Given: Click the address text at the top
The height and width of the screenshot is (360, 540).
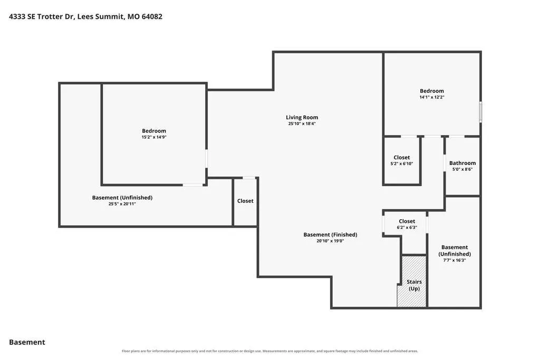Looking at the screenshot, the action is pyautogui.click(x=85, y=16).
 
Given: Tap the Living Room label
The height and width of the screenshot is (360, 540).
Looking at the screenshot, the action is pyautogui.click(x=302, y=118).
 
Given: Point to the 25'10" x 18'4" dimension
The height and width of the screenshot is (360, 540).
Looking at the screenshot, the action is pyautogui.click(x=302, y=123).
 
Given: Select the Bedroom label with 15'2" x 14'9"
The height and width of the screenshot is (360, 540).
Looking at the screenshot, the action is pyautogui.click(x=154, y=131).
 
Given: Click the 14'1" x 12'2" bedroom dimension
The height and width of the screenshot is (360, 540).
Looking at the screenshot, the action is pyautogui.click(x=432, y=97).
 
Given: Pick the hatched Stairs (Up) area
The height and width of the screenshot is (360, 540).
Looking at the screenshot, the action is pyautogui.click(x=412, y=281).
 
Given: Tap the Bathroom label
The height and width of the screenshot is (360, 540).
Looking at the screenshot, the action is pyautogui.click(x=462, y=163).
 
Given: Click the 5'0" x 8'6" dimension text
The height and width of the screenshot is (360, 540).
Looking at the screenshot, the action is pyautogui.click(x=462, y=169).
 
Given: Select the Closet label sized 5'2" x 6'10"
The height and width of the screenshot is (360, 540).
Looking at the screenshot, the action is pyautogui.click(x=401, y=158).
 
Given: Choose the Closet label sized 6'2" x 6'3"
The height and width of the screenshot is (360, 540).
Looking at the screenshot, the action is pyautogui.click(x=407, y=221).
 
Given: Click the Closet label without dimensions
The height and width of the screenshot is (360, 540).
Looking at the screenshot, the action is pyautogui.click(x=245, y=201).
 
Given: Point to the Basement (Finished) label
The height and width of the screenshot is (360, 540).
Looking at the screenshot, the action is pyautogui.click(x=330, y=235).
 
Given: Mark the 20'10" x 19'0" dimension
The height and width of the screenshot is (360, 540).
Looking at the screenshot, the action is pyautogui.click(x=330, y=241).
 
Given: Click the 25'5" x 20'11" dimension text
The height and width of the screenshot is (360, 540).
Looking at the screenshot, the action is pyautogui.click(x=122, y=204).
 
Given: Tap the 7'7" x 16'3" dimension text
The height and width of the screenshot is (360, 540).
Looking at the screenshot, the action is pyautogui.click(x=455, y=260).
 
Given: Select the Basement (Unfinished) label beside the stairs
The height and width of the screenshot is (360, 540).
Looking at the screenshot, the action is pyautogui.click(x=455, y=250).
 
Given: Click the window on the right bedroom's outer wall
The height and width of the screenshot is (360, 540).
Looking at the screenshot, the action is pyautogui.click(x=481, y=112).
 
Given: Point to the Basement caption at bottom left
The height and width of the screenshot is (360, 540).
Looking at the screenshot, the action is pyautogui.click(x=27, y=342).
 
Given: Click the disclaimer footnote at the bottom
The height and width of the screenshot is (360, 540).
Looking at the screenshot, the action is pyautogui.click(x=270, y=351).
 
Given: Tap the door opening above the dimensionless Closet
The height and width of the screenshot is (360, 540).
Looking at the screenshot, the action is pyautogui.click(x=249, y=178).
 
